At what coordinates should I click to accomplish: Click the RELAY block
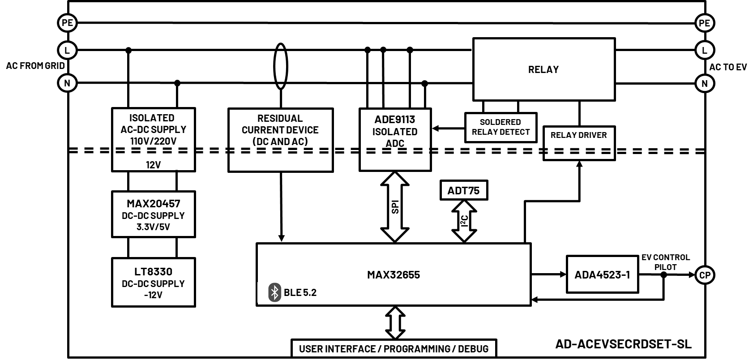click(543, 69)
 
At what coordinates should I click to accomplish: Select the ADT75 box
click(463, 190)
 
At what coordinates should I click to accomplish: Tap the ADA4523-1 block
click(602, 274)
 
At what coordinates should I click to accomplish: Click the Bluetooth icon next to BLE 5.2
click(274, 292)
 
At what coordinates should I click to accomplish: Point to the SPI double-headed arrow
click(395, 207)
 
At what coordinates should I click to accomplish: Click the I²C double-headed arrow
click(464, 221)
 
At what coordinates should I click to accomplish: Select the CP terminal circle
click(705, 275)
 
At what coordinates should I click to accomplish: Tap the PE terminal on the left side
click(67, 23)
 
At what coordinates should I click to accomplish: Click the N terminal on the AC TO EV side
click(704, 83)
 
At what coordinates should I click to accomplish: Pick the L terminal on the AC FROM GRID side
click(67, 50)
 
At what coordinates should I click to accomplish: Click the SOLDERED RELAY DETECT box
click(501, 127)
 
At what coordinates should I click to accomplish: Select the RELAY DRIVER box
click(578, 135)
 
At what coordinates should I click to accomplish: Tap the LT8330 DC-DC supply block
click(153, 282)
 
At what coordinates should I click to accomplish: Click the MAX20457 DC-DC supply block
click(153, 214)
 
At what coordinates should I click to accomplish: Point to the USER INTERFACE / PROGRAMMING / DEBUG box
click(394, 348)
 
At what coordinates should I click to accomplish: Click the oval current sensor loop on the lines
click(281, 66)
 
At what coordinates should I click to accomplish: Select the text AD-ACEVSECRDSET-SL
click(623, 344)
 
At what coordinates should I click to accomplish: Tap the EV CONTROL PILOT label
click(665, 262)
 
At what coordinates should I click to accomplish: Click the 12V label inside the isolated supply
click(153, 165)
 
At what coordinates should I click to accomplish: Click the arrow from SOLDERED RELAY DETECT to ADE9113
click(448, 129)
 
